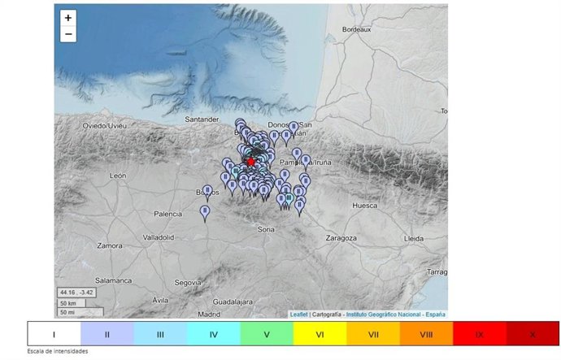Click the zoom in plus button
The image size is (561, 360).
[x=68, y=18]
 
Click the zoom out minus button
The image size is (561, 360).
[x=68, y=34]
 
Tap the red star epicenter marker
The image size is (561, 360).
[x=251, y=162]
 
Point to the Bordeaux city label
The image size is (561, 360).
[x=357, y=30]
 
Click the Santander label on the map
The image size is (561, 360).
[x=202, y=119]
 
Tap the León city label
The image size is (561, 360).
[x=118, y=176]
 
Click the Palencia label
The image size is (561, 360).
[x=167, y=215]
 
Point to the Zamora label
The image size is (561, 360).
[x=109, y=245]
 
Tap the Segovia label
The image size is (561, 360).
[x=187, y=282]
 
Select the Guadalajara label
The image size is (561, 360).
[x=236, y=300]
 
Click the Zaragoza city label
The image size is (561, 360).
[x=341, y=238]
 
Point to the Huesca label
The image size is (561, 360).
[x=364, y=206]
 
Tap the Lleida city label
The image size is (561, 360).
[x=414, y=238]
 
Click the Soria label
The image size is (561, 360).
[x=266, y=230]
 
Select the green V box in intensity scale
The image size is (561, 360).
[x=267, y=334]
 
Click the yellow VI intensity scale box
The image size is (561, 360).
[x=320, y=334]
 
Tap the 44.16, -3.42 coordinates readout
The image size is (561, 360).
[x=76, y=292]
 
